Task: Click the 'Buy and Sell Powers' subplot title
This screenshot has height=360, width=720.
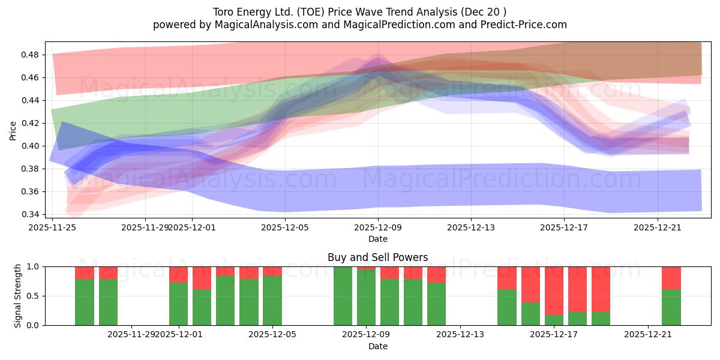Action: click(x=377, y=257)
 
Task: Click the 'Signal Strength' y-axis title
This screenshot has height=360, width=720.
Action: click(x=18, y=295)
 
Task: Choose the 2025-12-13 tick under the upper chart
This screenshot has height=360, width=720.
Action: click(x=470, y=227)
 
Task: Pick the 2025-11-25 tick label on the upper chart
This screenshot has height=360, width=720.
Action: click(x=53, y=227)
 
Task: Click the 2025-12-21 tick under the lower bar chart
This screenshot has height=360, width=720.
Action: click(x=648, y=334)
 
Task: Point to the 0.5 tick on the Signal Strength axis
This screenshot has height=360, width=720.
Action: click(x=34, y=296)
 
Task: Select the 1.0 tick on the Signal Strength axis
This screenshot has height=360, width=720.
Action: click(x=34, y=266)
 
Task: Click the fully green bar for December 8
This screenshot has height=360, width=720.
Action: click(x=343, y=296)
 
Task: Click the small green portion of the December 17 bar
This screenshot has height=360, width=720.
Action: click(x=554, y=320)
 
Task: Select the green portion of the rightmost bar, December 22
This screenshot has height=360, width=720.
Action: click(x=671, y=307)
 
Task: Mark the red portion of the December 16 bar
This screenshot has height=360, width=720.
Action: click(x=530, y=284)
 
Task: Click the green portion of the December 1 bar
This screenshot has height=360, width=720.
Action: click(x=178, y=304)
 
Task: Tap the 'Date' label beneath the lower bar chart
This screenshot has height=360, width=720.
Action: click(x=377, y=346)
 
